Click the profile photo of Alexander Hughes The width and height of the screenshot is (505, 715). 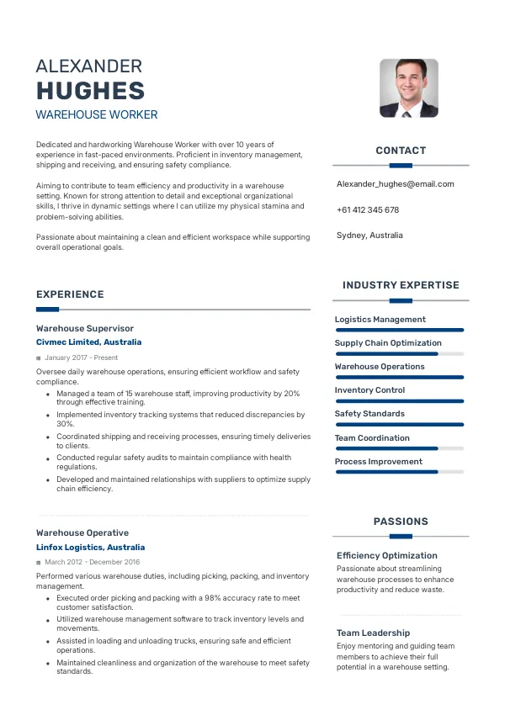[408, 87]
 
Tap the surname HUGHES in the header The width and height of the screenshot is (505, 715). [90, 91]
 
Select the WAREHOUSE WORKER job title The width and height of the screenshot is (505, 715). [97, 114]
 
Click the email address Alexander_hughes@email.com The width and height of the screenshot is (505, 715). [395, 183]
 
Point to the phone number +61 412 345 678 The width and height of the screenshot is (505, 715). [367, 209]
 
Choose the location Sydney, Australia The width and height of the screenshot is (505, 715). [369, 235]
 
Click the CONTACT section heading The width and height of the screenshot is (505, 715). [401, 151]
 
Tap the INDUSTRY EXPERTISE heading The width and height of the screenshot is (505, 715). [401, 285]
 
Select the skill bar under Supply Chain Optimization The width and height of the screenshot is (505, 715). [399, 354]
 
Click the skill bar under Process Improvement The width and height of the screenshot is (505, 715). [399, 473]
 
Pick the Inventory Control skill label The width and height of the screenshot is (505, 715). [369, 390]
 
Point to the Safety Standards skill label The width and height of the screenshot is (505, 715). [369, 414]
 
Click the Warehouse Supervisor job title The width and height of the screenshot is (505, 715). [85, 328]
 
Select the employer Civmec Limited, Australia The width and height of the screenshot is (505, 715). [88, 342]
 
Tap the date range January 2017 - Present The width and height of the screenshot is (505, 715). [81, 357]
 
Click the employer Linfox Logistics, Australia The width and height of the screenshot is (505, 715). [90, 547]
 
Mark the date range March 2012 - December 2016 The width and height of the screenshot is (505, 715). [92, 562]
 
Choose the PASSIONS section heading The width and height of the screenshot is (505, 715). [401, 522]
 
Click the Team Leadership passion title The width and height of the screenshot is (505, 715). [373, 633]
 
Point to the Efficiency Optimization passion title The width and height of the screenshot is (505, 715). [386, 555]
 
